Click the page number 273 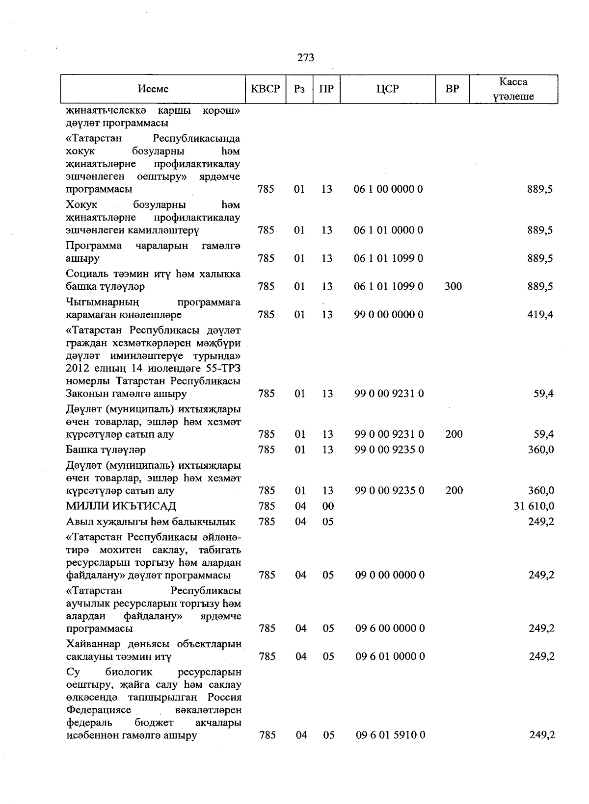point(305,58)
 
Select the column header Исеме point(153,89)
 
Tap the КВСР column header point(266,89)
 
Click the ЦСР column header point(388,89)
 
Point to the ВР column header point(453,89)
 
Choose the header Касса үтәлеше point(513,89)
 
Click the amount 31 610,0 point(534,506)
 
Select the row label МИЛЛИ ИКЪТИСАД point(121,506)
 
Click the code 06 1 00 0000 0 point(388,189)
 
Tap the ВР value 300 point(453,286)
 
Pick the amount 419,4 point(540,315)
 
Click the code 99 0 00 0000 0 point(388,315)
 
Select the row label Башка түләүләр point(106,450)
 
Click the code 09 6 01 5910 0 point(390,735)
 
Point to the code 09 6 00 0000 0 point(390,628)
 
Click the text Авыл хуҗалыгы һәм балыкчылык point(151,522)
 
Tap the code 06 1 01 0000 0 point(388,230)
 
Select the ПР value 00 point(328,506)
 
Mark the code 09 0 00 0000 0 point(390,575)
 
